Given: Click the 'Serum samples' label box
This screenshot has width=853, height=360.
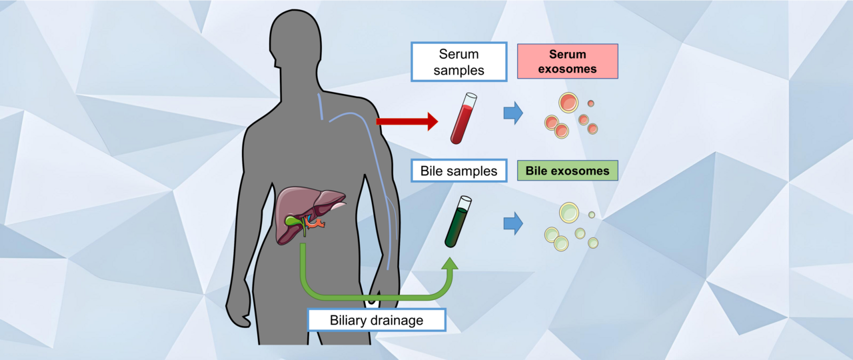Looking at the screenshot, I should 458,62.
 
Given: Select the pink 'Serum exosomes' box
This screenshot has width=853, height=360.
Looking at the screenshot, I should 567,61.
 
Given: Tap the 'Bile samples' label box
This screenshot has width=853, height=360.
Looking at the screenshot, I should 458,171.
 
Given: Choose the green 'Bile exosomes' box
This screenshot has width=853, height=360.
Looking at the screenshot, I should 567,171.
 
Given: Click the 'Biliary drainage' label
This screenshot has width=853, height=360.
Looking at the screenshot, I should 376,320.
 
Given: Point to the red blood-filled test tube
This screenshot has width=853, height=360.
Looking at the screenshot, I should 460,119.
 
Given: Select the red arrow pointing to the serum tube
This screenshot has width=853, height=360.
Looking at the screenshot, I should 407,121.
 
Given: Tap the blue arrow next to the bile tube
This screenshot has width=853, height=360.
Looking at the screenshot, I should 512,223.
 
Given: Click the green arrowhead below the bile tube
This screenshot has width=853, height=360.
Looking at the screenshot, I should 450,265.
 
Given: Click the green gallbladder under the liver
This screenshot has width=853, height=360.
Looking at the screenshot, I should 293,220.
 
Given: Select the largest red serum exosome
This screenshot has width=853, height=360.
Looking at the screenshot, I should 568,103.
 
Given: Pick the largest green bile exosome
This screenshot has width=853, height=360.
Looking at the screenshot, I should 568,212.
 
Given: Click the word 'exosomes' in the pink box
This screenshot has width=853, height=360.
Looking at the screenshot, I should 567,69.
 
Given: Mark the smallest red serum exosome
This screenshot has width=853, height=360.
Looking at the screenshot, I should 590,103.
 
